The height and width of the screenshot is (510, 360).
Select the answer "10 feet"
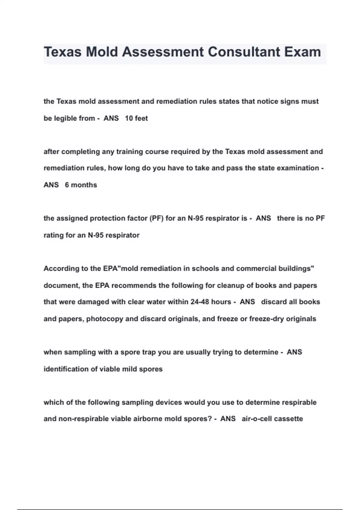136,118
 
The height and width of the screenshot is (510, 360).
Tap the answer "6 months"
81,185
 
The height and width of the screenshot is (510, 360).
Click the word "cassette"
288,418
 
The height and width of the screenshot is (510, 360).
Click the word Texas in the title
63,52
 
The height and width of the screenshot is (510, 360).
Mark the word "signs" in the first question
290,101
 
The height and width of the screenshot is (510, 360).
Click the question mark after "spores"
210,418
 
